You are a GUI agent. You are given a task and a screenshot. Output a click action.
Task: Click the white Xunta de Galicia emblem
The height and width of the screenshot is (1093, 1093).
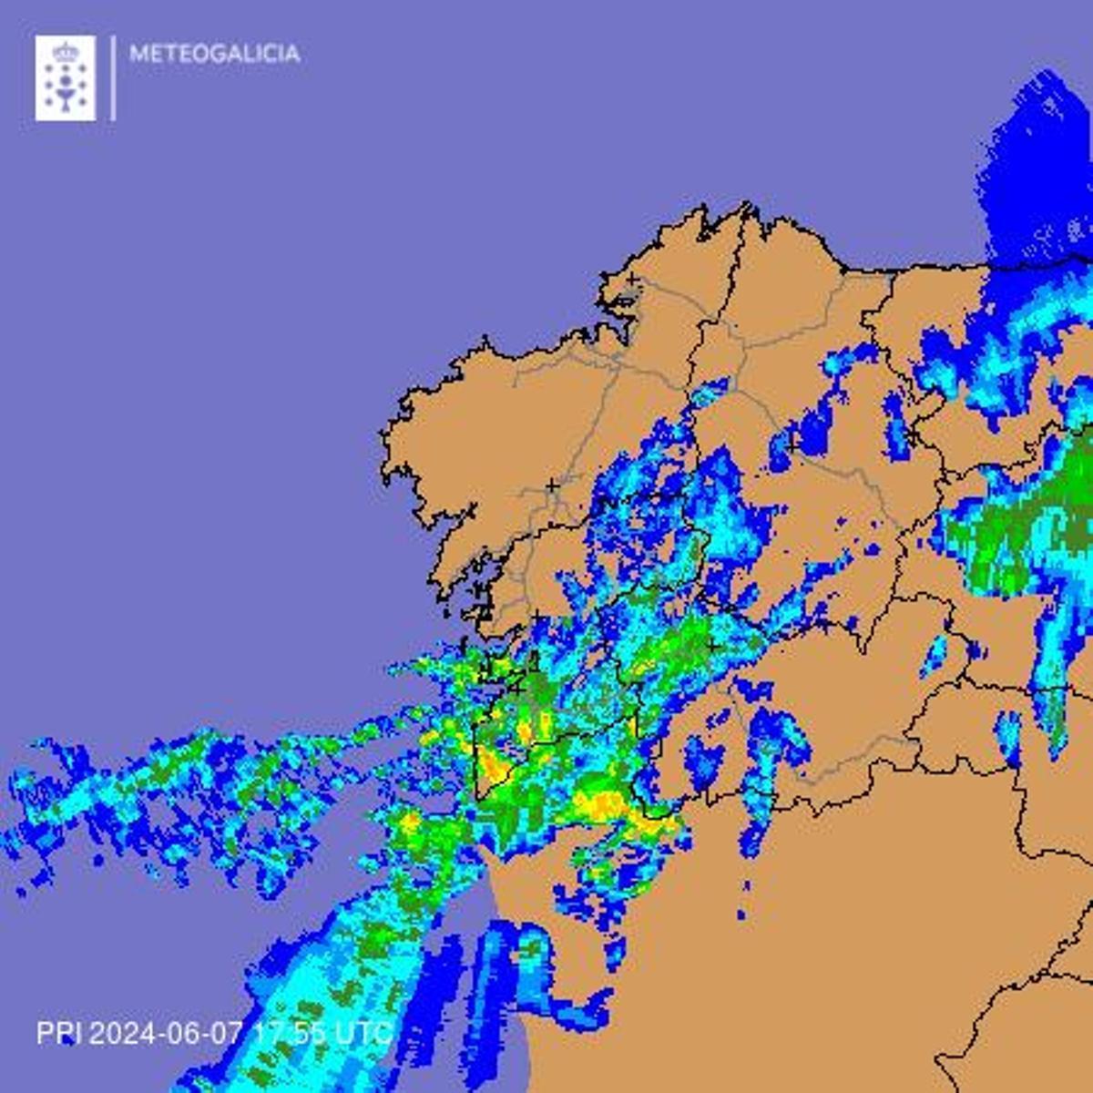[66, 77]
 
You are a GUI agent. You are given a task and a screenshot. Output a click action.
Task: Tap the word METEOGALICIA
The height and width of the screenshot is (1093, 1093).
[214, 54]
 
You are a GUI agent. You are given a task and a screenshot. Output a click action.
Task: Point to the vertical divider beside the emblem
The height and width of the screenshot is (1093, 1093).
[113, 77]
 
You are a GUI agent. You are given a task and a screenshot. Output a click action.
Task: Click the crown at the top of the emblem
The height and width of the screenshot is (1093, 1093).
[66, 51]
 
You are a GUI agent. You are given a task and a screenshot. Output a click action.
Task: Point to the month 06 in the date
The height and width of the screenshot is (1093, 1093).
[184, 1033]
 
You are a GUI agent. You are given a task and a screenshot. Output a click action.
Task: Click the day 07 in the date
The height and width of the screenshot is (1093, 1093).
[227, 1033]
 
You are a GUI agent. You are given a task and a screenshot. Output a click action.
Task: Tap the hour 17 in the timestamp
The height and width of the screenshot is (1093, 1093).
[265, 1033]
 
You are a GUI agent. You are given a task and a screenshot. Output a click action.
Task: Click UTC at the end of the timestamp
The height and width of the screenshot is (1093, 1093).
[363, 1033]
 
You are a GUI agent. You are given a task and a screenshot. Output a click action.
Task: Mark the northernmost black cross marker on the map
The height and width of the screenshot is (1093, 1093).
[632, 279]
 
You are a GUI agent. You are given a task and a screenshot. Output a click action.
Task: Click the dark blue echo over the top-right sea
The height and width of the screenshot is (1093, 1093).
[1038, 173]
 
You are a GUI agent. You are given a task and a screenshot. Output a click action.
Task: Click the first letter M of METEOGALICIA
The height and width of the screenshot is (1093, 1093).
[138, 54]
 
